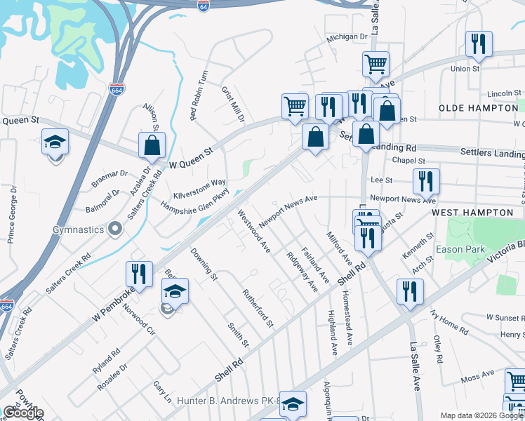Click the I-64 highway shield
(204, 6)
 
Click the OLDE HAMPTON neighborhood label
(477, 108)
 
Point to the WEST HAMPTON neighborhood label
(472, 212)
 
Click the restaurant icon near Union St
(479, 44)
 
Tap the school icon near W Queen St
(55, 142)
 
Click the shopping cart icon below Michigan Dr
(376, 65)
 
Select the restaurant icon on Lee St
(426, 181)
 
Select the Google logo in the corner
(23, 413)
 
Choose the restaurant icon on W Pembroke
(139, 274)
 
